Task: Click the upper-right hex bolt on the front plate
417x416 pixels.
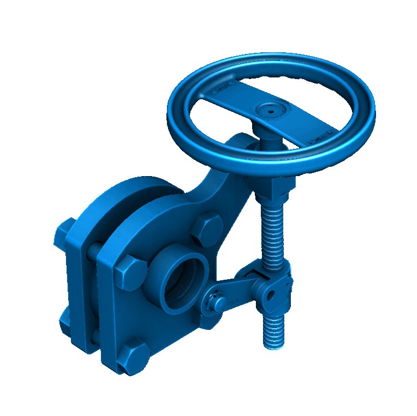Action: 207,227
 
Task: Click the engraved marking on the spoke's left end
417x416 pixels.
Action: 225,88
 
